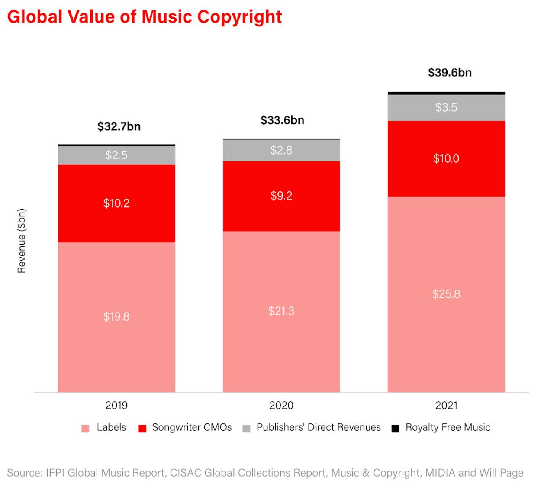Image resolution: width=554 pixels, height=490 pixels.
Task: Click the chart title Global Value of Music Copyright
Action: (x=145, y=17)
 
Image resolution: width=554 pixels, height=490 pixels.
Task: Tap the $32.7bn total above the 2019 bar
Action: (x=119, y=126)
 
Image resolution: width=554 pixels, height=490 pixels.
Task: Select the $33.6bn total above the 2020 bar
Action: (x=282, y=120)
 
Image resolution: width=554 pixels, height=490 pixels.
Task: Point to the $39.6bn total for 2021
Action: (x=450, y=72)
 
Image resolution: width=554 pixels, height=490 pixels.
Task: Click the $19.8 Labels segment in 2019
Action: (x=116, y=317)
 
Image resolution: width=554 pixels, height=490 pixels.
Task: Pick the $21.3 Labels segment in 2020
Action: (x=281, y=311)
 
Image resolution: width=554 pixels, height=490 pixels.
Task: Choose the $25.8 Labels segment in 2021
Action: (x=446, y=294)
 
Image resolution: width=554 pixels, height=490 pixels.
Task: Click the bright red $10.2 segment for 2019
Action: (x=116, y=203)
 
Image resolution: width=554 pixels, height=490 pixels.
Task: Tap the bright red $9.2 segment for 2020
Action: (x=281, y=196)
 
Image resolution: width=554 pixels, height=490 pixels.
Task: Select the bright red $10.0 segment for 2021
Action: (x=446, y=158)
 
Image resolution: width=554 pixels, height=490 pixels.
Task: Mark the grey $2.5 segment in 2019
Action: (x=116, y=155)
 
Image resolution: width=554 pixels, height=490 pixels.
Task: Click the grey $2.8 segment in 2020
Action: (x=281, y=150)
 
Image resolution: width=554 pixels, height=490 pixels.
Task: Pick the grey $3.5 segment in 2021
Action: (x=446, y=107)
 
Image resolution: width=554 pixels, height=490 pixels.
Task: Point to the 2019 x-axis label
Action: (x=116, y=406)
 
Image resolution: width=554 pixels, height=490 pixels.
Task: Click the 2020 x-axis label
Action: (x=281, y=406)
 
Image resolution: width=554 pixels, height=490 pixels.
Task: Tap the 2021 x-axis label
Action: (x=446, y=406)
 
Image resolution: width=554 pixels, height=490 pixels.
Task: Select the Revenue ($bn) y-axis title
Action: (x=22, y=241)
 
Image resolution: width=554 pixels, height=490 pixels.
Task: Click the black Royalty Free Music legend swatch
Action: (x=395, y=429)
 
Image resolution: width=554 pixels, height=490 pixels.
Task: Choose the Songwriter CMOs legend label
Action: (x=192, y=428)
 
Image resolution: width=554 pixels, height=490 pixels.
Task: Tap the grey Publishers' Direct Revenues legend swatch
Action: (x=246, y=429)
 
